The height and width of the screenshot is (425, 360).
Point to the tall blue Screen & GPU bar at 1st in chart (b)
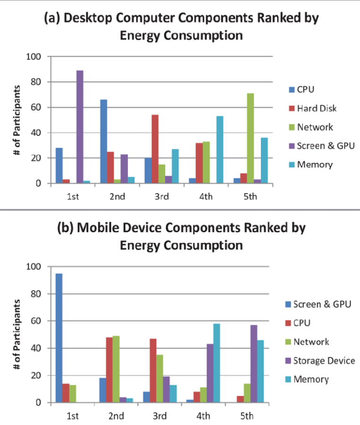(x=59, y=338)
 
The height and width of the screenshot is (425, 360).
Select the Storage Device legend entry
(x=323, y=361)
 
